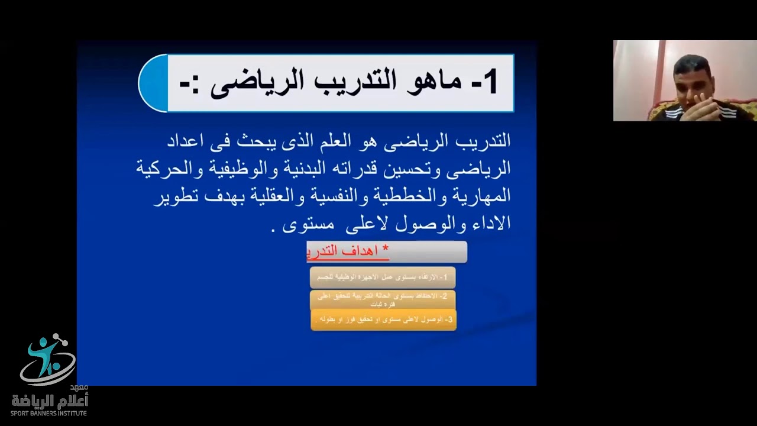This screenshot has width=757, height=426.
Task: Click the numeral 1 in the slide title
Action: [489, 83]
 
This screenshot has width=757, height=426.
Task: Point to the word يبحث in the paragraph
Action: [279, 141]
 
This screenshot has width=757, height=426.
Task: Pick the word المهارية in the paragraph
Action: [481, 196]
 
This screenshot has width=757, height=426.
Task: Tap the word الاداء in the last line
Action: [489, 224]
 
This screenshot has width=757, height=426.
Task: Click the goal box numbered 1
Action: [383, 277]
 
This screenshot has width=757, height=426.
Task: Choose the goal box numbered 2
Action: [383, 299]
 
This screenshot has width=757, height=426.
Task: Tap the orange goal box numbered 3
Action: [383, 319]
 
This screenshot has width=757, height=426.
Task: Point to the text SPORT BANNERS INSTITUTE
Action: [49, 413]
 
